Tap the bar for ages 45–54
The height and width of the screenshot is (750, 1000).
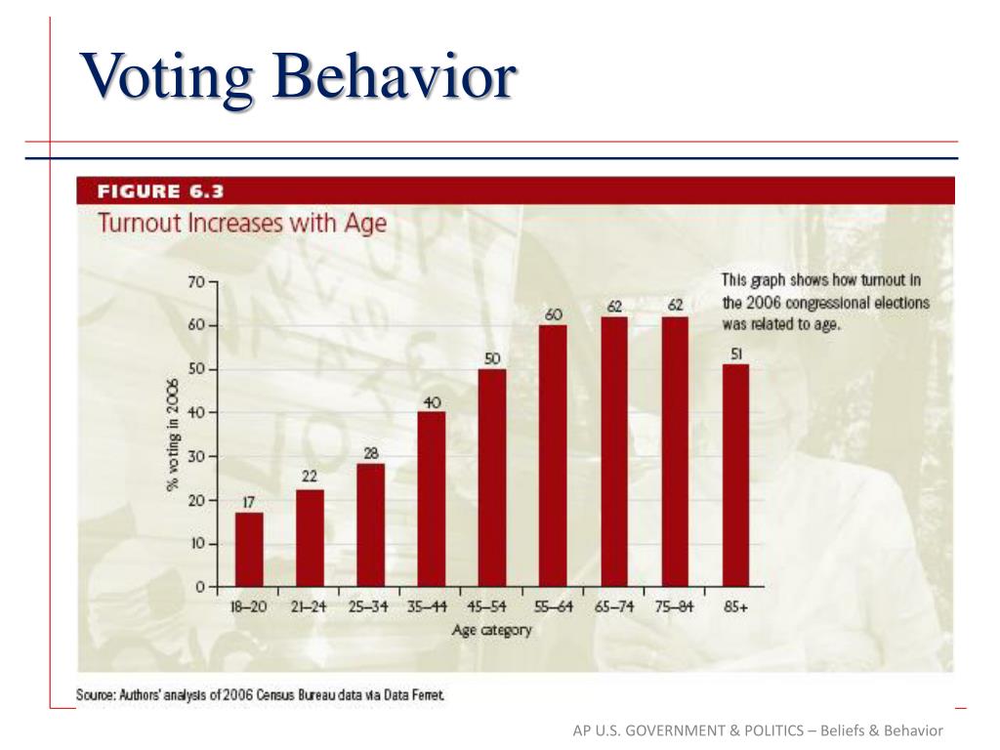(x=492, y=479)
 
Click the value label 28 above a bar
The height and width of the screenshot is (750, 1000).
(x=371, y=453)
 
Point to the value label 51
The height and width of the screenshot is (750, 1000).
(x=737, y=354)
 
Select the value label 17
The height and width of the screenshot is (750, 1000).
(x=249, y=502)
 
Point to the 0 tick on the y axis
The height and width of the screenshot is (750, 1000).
(x=200, y=587)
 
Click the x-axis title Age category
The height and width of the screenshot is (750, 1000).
(x=491, y=630)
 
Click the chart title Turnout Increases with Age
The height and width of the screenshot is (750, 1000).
(x=241, y=223)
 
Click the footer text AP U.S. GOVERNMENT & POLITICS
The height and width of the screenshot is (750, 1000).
(x=692, y=731)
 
